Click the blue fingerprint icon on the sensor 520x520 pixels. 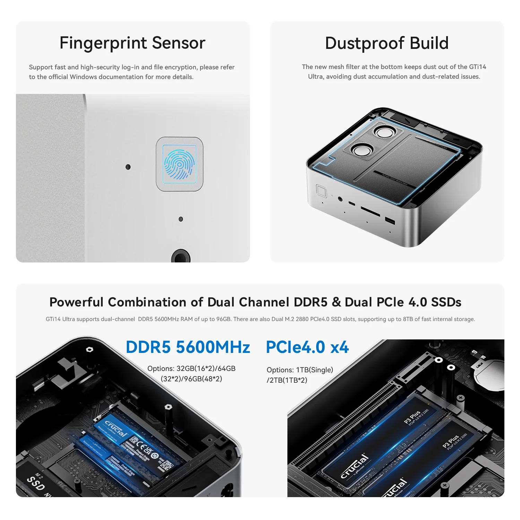[x=180, y=164]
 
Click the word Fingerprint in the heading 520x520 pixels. [x=103, y=43]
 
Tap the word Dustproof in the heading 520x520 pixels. [x=365, y=43]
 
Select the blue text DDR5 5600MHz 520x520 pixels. [x=188, y=347]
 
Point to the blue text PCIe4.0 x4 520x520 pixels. [x=307, y=347]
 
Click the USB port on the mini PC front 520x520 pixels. [x=390, y=220]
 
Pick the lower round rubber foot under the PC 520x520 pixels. [x=362, y=150]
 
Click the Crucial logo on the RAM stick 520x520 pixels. [x=116, y=428]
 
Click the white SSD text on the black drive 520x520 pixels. [x=36, y=483]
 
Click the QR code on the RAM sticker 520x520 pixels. [x=167, y=465]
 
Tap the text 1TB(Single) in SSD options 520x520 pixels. [x=314, y=370]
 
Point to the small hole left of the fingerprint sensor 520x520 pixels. [x=128, y=167]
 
